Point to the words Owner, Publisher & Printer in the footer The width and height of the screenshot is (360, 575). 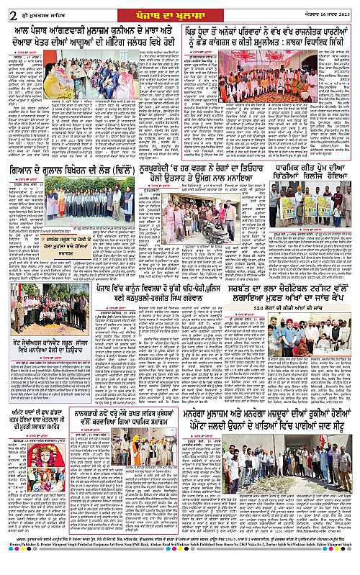tap(43, 569)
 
